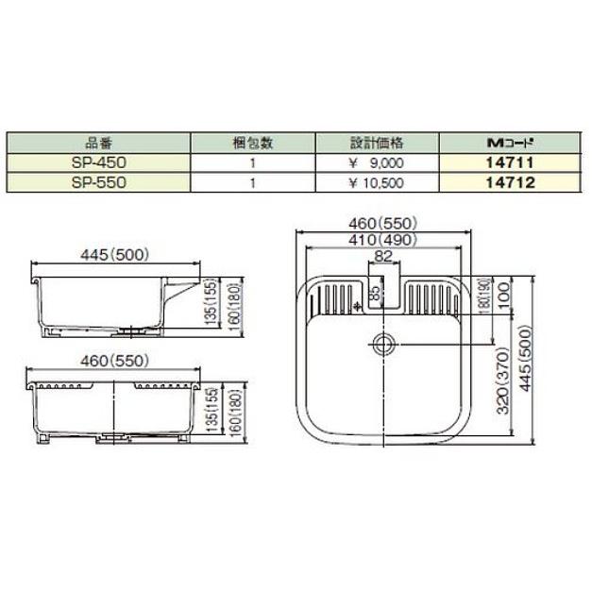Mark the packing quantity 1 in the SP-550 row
pyautogui.click(x=253, y=181)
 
